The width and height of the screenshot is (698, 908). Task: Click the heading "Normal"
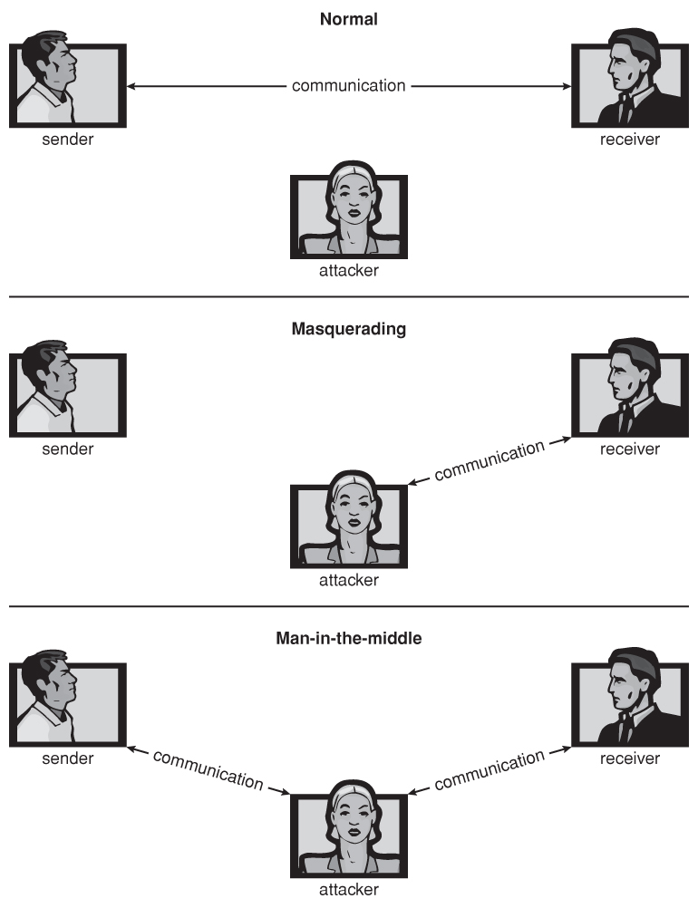coord(348,17)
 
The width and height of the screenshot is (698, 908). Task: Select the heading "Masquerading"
coord(348,329)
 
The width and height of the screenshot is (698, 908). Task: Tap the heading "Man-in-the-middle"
coord(348,638)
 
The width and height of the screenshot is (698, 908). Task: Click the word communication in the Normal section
coord(348,86)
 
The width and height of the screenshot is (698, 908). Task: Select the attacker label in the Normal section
coord(348,270)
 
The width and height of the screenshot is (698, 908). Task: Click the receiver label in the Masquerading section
coord(629,449)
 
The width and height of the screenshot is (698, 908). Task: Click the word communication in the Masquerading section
coord(490,461)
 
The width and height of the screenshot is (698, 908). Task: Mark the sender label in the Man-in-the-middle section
coord(67,758)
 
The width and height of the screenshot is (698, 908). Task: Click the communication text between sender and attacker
coord(208,769)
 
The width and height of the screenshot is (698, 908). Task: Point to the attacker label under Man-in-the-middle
coord(348,889)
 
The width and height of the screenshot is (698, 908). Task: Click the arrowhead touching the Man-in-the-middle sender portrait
coord(132,749)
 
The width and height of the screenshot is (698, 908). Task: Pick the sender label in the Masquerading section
coord(67,449)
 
